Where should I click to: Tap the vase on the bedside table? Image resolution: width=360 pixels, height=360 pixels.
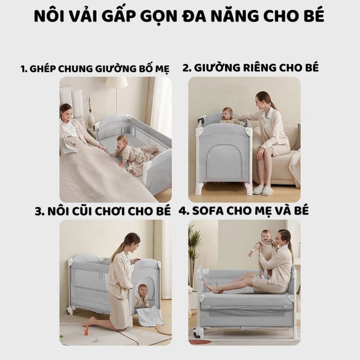click(x=91, y=119)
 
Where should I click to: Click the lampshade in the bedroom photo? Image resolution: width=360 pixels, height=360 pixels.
click(x=116, y=84)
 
